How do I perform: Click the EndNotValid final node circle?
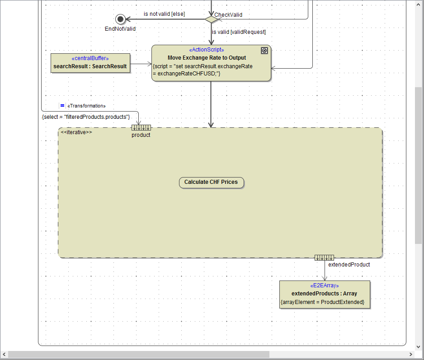point(120,19)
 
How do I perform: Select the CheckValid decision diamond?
point(211,19)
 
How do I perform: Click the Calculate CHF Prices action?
point(211,182)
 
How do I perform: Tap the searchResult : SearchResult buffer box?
point(90,63)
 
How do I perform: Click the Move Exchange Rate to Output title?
point(207,58)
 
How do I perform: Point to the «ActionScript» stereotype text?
point(206,50)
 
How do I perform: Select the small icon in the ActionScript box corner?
point(264,51)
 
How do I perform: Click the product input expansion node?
point(141,127)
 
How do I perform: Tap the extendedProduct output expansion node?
point(324,257)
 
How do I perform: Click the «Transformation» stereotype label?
point(86,106)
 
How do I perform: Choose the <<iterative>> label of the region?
point(76,132)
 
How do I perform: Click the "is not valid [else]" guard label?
point(164,14)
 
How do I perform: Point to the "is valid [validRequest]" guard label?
point(239,32)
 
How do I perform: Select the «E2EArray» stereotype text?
point(325,286)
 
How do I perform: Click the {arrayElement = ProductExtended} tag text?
point(322,302)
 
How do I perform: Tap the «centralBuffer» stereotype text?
point(90,58)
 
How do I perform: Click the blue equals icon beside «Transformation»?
point(62,106)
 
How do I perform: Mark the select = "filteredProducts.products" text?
point(86,117)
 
